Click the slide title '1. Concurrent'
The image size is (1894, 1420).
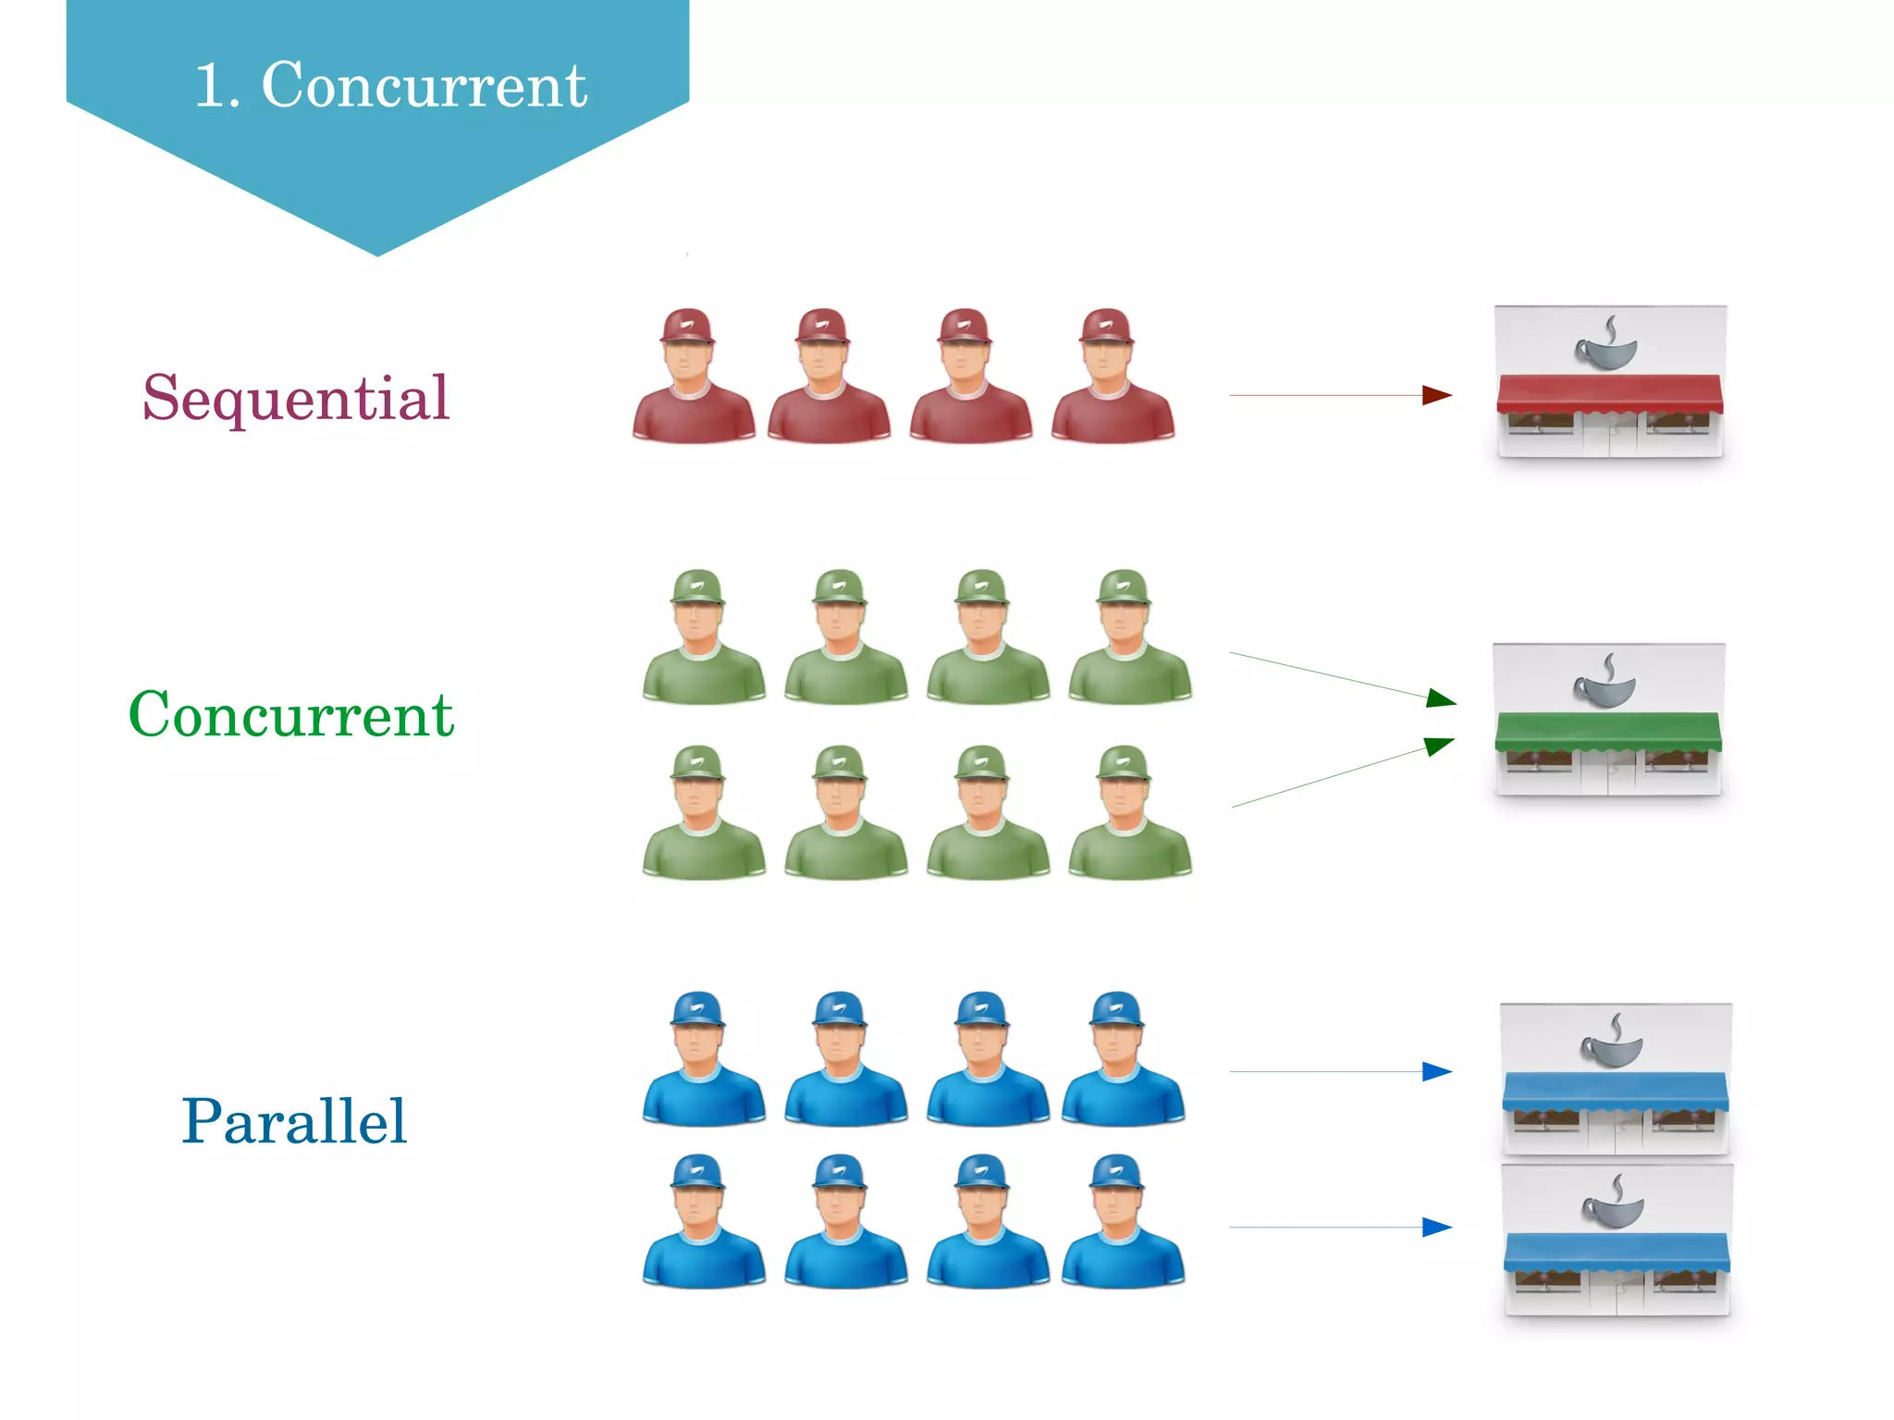point(390,85)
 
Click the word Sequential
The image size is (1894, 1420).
point(296,399)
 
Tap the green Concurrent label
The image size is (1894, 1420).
point(291,715)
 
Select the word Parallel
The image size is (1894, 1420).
point(294,1122)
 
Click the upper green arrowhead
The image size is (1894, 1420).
point(1441,698)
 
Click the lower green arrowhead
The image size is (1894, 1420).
point(1439,745)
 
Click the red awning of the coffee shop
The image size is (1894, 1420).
point(1609,393)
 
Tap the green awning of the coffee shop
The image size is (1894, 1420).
point(1608,731)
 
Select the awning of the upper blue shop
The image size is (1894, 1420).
point(1615,1091)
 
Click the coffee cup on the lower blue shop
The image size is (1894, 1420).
point(1614,1204)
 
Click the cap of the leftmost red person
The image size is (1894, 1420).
point(686,327)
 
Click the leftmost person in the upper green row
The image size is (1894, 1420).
point(703,638)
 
